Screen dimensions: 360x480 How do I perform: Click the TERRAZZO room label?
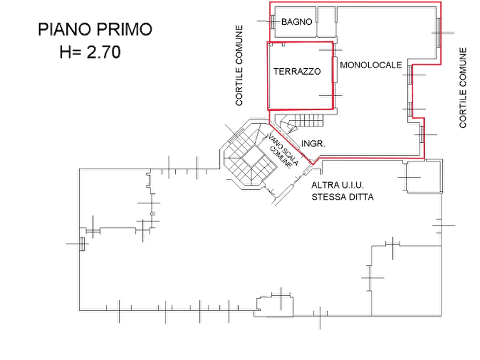tap(298, 71)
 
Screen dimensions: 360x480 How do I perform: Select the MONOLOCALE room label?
tap(371, 66)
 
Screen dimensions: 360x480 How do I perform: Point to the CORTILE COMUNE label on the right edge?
tap(462, 86)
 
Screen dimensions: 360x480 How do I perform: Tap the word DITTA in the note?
tap(363, 197)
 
